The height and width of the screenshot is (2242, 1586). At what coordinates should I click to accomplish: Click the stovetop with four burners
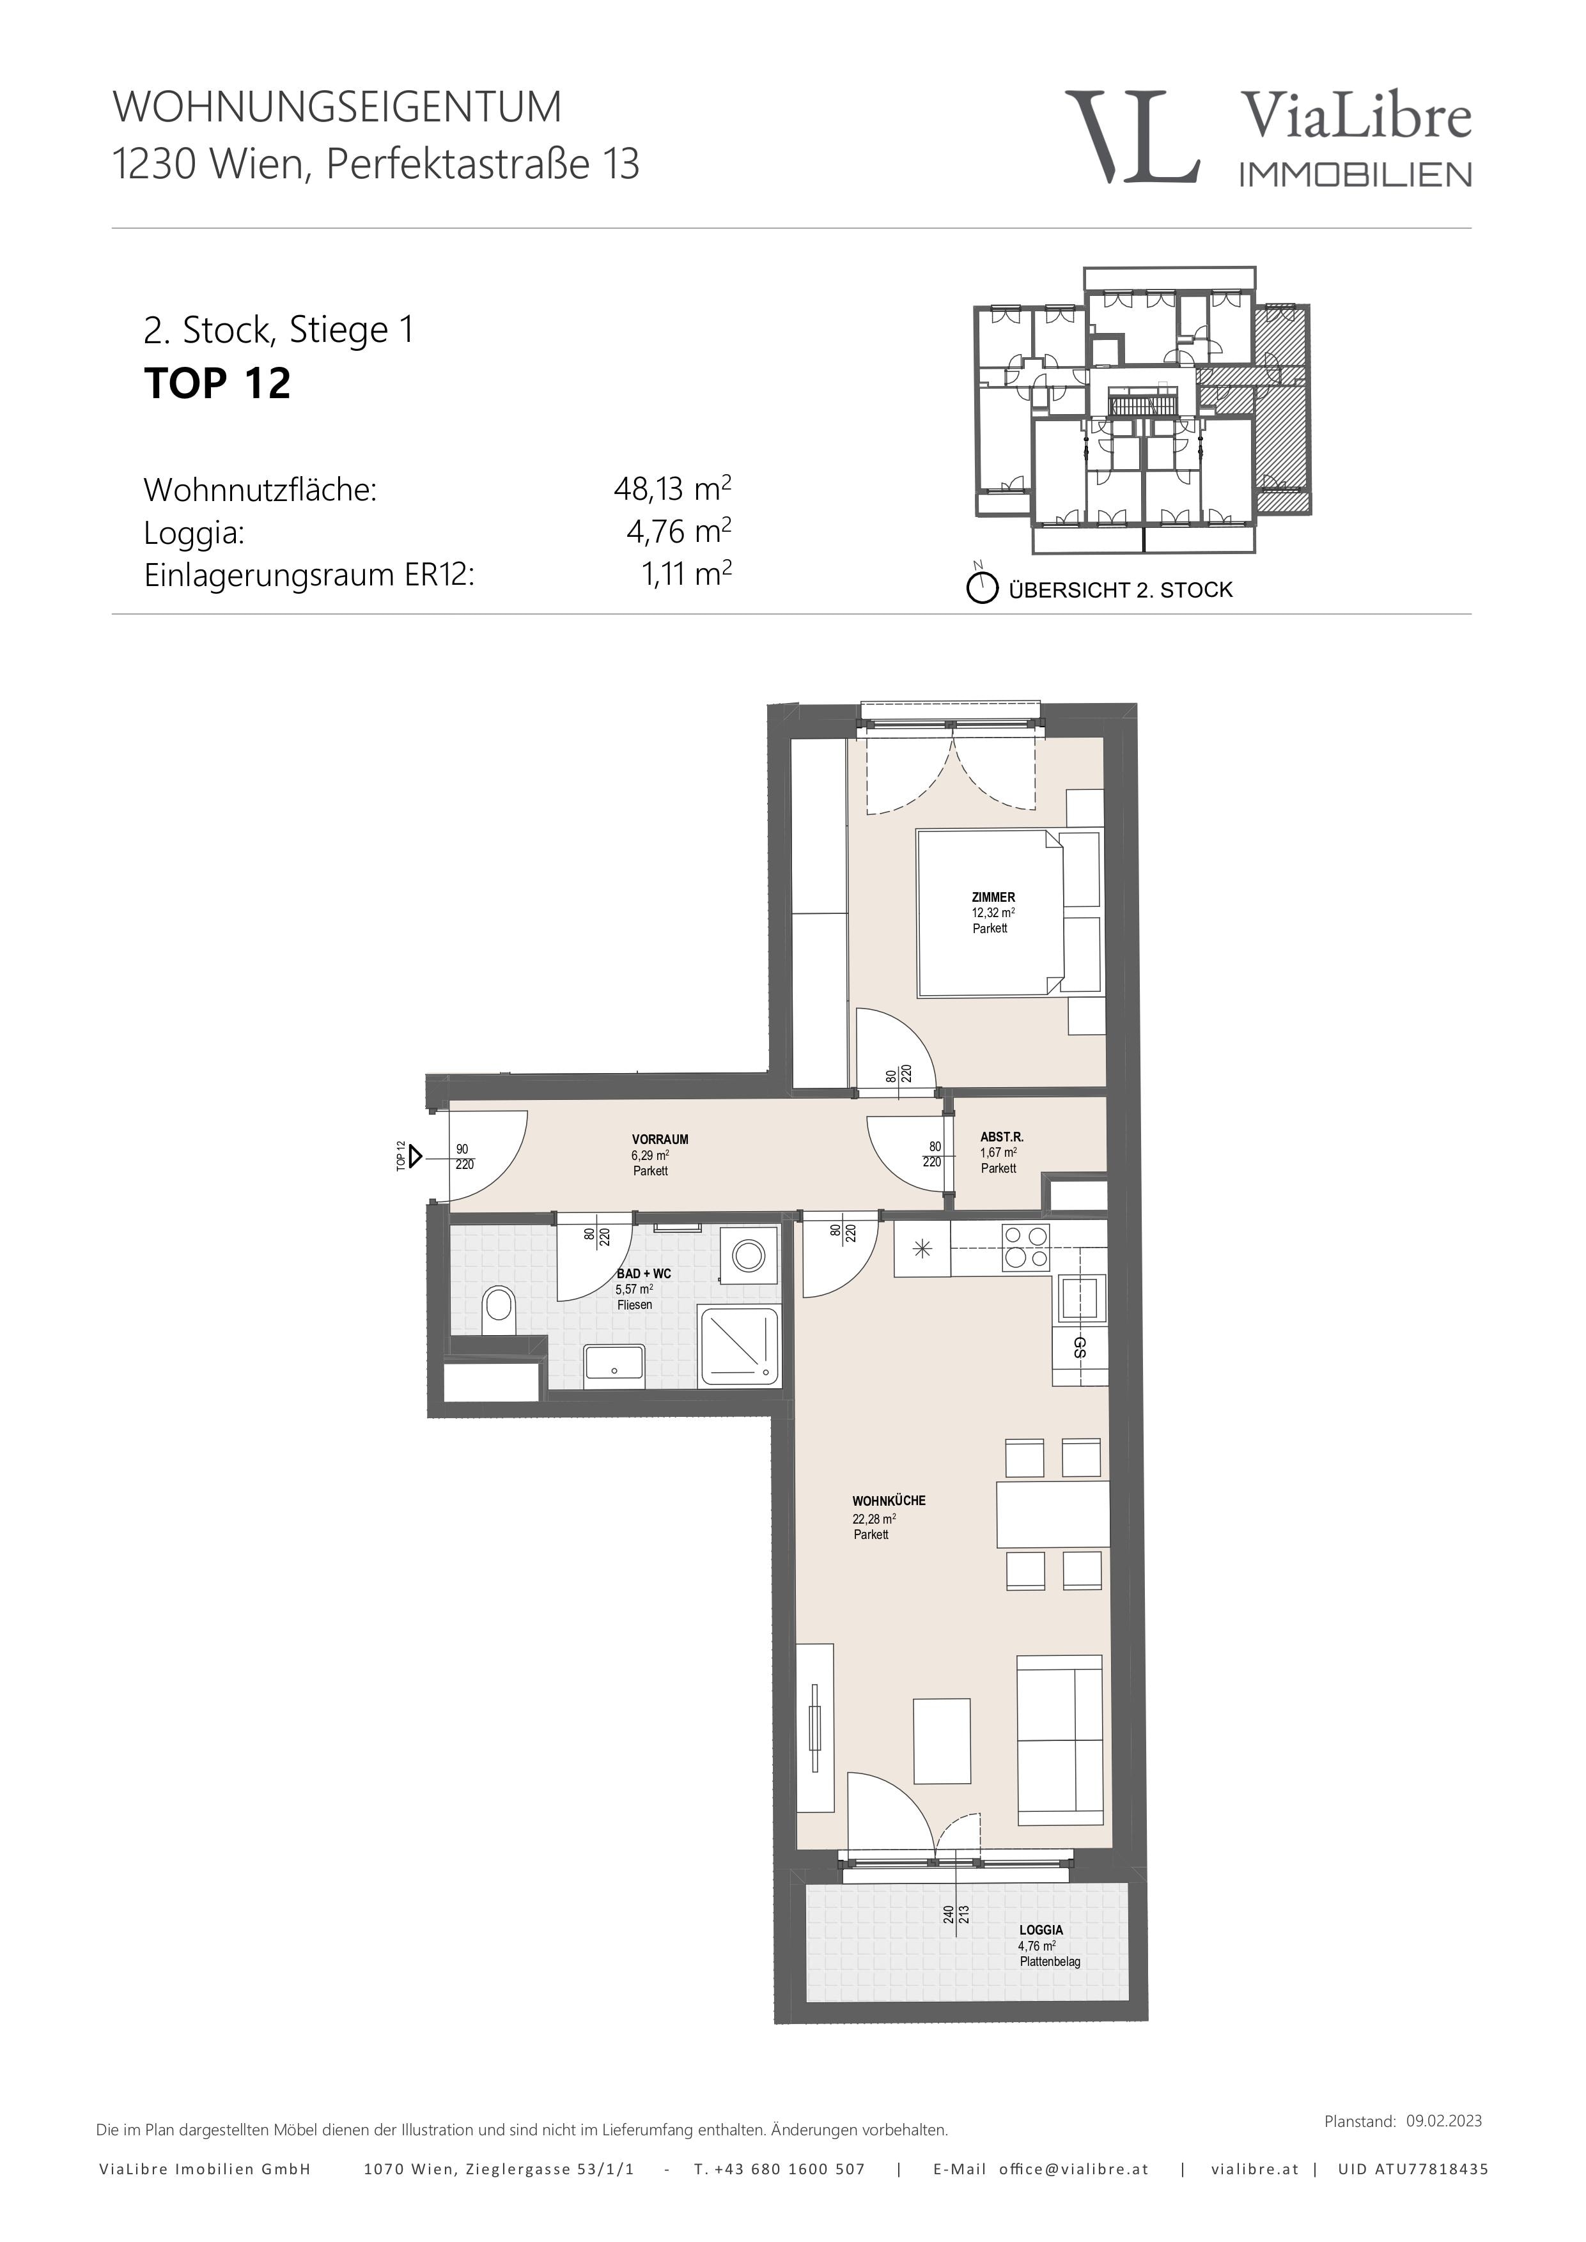pyautogui.click(x=1025, y=1247)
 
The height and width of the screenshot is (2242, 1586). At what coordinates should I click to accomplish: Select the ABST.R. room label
pyautogui.click(x=1001, y=1136)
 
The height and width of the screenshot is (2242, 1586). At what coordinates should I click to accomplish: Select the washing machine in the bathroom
pyautogui.click(x=749, y=1256)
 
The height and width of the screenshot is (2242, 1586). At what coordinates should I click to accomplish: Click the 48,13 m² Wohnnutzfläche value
pyautogui.click(x=672, y=488)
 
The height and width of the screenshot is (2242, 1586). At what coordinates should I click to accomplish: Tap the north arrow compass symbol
pyautogui.click(x=981, y=588)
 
